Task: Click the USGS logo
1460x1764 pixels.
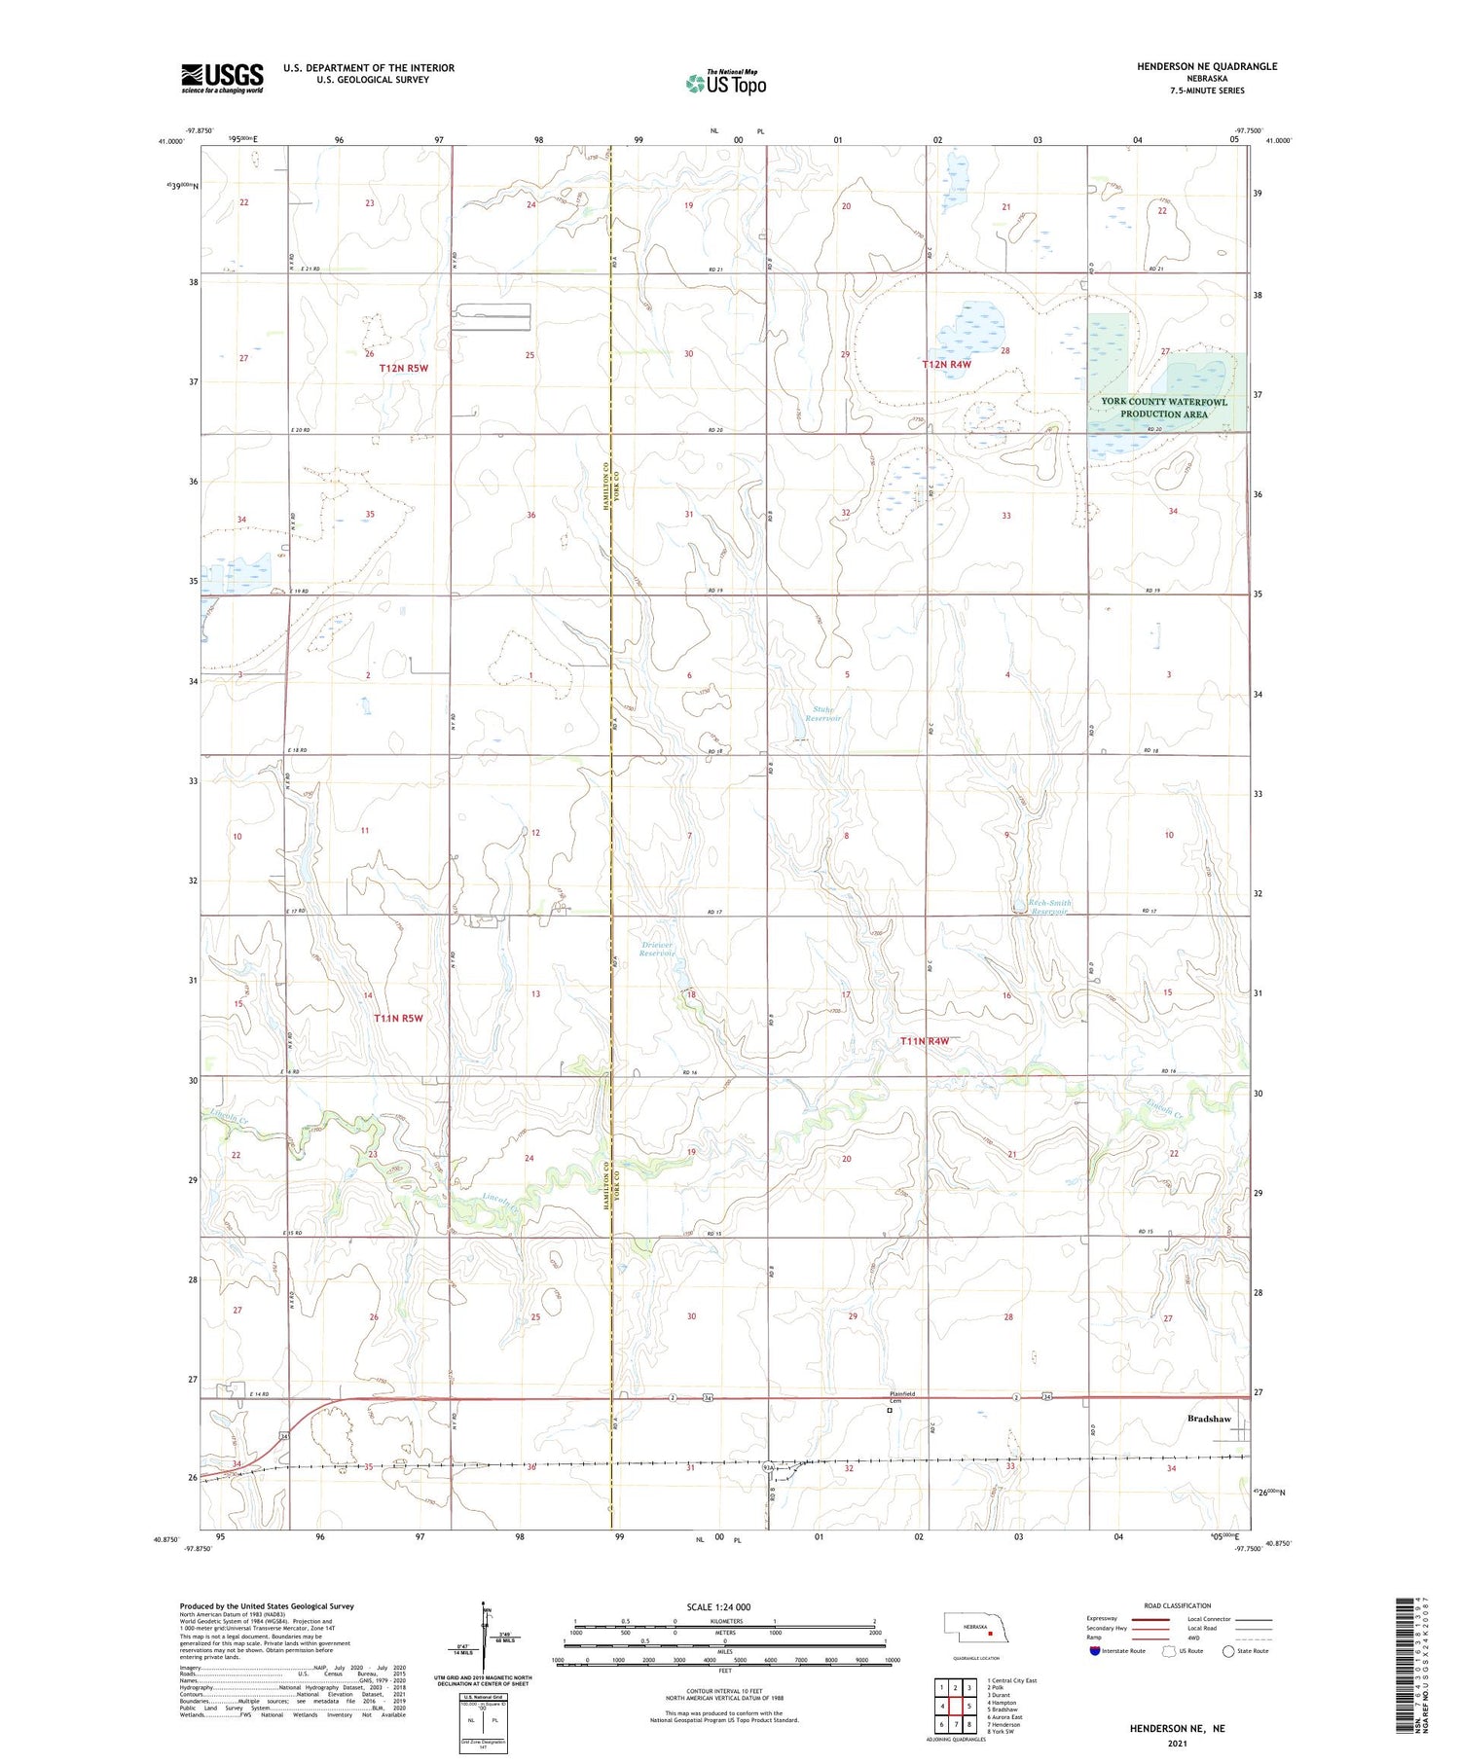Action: coord(222,78)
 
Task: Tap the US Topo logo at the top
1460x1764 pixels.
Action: coord(726,83)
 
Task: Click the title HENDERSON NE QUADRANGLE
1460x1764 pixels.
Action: coord(1207,66)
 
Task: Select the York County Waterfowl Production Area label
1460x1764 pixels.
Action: coord(1164,408)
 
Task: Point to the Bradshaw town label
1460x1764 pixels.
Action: coord(1209,1419)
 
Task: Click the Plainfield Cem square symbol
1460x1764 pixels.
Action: coord(890,1410)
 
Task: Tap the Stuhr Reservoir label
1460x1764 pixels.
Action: coord(826,713)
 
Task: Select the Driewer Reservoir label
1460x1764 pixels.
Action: coord(657,949)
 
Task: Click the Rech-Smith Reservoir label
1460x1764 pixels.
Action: coord(1049,907)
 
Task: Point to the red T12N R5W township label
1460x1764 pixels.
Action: coord(403,369)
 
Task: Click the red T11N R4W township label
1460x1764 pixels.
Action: coord(924,1041)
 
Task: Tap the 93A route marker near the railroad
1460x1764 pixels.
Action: coord(768,1465)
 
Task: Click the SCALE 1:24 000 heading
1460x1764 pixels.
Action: coord(719,1606)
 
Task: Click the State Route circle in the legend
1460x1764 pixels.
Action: coord(1229,1651)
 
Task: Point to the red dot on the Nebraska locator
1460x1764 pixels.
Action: coord(990,1635)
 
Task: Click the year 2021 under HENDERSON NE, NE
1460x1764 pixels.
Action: coord(1177,1742)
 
